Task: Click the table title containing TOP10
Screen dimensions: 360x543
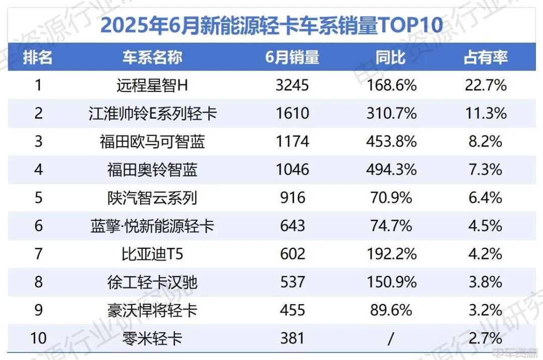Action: click(x=271, y=24)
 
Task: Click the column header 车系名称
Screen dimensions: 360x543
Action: click(x=152, y=57)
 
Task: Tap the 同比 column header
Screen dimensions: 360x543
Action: click(x=391, y=57)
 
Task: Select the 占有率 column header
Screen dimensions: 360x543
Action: click(x=485, y=57)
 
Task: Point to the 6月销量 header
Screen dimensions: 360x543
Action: click(x=292, y=57)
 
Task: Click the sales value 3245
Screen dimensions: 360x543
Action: click(x=292, y=85)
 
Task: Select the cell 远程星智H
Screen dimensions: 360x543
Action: click(x=152, y=85)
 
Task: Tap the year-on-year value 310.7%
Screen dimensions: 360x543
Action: click(x=391, y=113)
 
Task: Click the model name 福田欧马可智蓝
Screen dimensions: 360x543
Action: click(x=152, y=141)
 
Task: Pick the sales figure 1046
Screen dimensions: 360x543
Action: click(x=292, y=169)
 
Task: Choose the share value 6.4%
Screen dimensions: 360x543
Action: click(x=485, y=198)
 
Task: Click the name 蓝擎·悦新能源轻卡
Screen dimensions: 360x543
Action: click(x=152, y=226)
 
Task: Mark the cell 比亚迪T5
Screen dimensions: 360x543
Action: click(x=152, y=254)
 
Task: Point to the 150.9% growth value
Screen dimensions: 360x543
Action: click(x=391, y=282)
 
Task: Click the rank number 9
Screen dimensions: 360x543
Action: click(x=38, y=310)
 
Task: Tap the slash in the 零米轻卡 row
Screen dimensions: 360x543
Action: click(x=391, y=338)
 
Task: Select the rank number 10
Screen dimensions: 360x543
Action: click(x=38, y=338)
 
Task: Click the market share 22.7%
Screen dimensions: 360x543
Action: click(x=485, y=85)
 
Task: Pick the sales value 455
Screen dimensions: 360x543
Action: click(x=292, y=310)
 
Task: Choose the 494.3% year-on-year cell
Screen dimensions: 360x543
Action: click(x=391, y=169)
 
